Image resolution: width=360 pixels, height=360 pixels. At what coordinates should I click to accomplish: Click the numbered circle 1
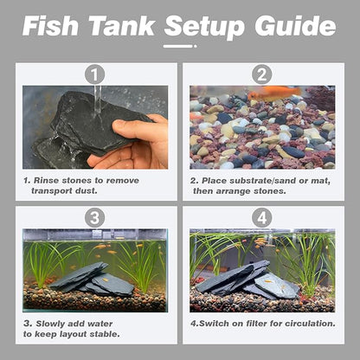[95, 75]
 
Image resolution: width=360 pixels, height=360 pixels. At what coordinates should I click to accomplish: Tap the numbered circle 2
[261, 75]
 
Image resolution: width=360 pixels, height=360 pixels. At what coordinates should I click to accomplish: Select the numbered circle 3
[95, 218]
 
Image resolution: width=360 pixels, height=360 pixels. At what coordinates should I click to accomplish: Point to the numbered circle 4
[261, 218]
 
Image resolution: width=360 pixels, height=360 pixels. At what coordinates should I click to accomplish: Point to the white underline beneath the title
[180, 45]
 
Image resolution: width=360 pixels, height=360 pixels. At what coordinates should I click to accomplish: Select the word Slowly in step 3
[54, 323]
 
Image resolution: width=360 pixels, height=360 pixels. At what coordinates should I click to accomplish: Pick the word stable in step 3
[102, 335]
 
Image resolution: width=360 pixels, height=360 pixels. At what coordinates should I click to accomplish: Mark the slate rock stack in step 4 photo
[251, 279]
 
